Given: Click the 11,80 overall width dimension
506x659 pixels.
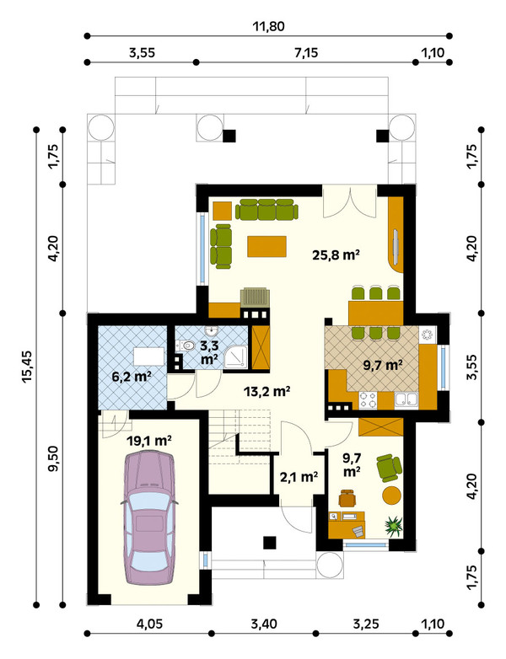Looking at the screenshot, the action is click(x=268, y=26).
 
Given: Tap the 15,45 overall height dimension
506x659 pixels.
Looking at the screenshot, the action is click(x=28, y=367).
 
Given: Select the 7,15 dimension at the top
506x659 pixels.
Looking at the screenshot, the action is click(x=306, y=53).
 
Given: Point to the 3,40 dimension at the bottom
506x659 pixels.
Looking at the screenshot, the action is click(x=264, y=624).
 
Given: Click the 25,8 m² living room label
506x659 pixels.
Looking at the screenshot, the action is click(x=336, y=254).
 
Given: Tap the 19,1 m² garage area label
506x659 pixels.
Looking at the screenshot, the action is click(x=149, y=441).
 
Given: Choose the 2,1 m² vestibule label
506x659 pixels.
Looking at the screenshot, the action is click(x=299, y=477).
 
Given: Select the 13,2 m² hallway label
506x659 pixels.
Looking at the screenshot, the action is click(x=267, y=391).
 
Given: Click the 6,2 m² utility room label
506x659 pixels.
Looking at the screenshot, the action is click(x=132, y=376).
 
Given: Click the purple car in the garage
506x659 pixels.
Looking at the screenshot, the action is click(x=149, y=517).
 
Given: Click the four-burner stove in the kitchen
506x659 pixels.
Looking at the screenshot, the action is click(x=368, y=400).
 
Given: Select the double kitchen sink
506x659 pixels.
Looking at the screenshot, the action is click(x=406, y=400).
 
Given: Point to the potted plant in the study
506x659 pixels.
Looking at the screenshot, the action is click(x=394, y=526).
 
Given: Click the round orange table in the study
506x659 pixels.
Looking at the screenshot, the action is click(x=392, y=495).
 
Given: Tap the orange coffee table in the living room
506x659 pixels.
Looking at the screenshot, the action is click(x=266, y=246).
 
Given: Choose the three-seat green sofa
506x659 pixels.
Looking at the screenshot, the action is click(x=266, y=209).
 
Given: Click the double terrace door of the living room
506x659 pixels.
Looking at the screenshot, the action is click(x=349, y=202).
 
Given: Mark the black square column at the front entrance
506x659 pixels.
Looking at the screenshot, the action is click(x=270, y=543).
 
